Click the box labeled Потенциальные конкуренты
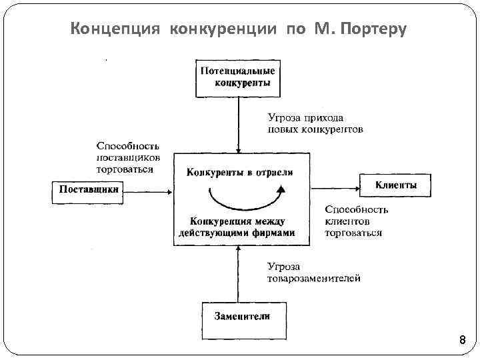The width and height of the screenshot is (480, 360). pyautogui.click(x=238, y=78)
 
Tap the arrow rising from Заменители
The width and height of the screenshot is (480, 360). pyautogui.click(x=238, y=273)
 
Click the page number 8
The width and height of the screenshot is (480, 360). pyautogui.click(x=462, y=341)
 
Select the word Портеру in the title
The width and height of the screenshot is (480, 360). pyautogui.click(x=373, y=30)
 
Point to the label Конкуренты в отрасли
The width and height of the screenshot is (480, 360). pyautogui.click(x=239, y=173)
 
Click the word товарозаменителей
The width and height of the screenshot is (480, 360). pyautogui.click(x=314, y=279)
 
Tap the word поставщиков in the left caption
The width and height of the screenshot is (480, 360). pyautogui.click(x=129, y=157)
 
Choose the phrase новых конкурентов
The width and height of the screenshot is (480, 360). pyautogui.click(x=315, y=129)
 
